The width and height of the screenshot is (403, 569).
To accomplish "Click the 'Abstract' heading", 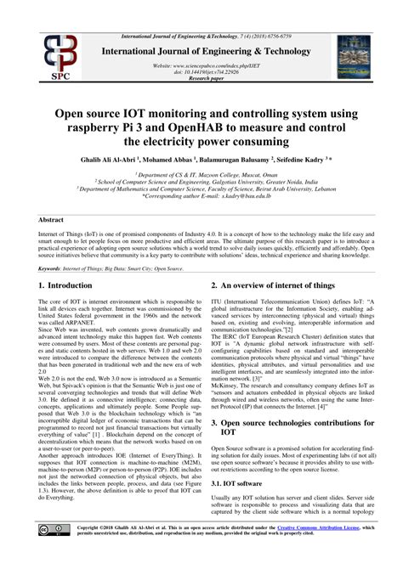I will tap(52, 219).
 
